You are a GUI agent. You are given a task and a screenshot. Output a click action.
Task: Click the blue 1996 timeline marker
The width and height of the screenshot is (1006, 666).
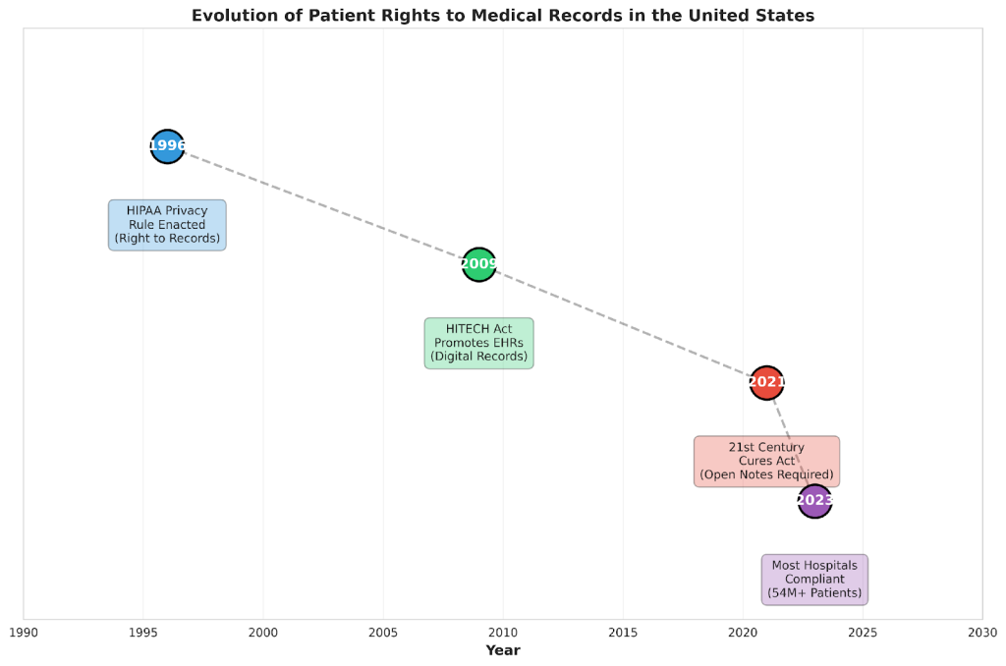click(167, 146)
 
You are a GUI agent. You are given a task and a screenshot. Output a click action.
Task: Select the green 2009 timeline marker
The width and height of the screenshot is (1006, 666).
click(478, 264)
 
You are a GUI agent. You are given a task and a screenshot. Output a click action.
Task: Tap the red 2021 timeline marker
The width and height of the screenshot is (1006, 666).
click(766, 382)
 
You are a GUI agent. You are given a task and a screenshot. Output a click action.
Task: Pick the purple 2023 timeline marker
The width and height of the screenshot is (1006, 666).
click(814, 501)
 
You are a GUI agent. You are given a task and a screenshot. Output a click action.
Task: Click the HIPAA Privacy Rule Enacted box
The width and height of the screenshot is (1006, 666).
click(167, 225)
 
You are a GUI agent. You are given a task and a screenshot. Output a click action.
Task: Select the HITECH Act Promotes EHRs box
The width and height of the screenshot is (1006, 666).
click(478, 343)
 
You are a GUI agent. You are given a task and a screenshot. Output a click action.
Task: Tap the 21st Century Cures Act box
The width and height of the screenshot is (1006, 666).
click(766, 461)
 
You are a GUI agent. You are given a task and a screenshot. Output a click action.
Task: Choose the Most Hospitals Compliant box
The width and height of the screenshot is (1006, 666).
click(814, 580)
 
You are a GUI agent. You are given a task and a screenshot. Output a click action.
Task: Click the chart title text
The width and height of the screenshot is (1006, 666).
click(502, 15)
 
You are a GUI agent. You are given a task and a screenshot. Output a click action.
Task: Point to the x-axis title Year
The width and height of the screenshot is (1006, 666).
click(502, 650)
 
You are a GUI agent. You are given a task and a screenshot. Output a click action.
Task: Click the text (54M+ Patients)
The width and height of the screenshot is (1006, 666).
click(814, 593)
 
